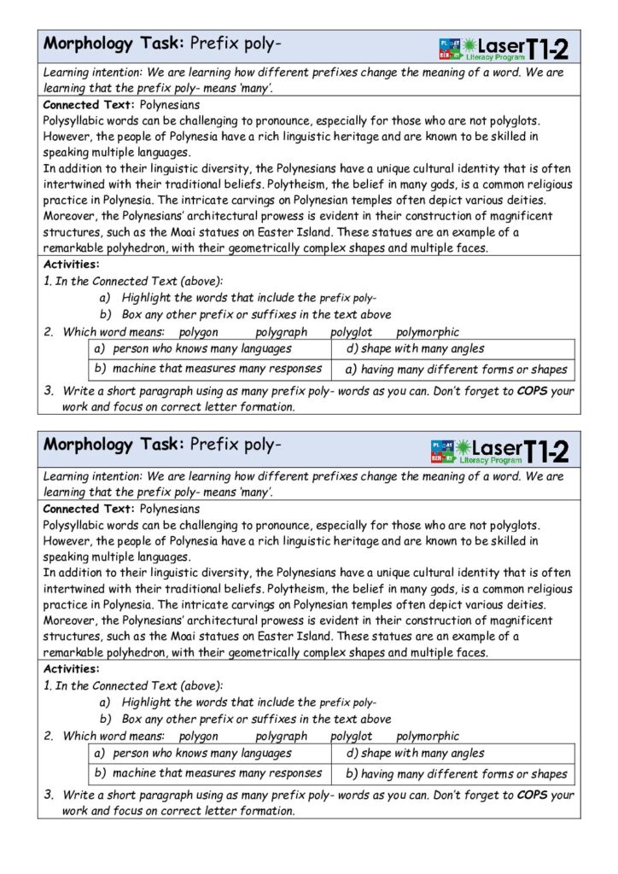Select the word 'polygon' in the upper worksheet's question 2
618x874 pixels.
point(199,332)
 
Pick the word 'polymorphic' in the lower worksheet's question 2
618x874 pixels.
point(428,736)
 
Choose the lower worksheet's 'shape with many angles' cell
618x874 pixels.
point(415,753)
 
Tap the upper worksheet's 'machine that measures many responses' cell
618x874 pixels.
point(208,369)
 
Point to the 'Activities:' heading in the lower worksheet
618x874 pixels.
point(71,668)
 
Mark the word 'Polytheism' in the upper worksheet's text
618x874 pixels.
point(341,185)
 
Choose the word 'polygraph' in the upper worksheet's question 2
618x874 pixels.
point(282,332)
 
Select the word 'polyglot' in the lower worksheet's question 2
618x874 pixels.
point(352,736)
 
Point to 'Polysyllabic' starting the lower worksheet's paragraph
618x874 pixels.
point(81,525)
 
